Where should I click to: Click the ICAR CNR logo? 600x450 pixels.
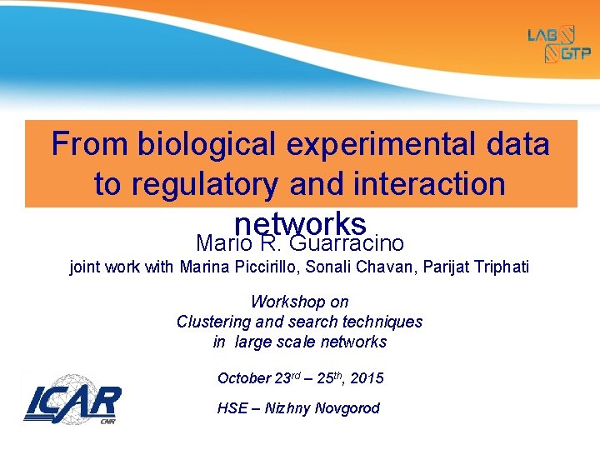pyautogui.click(x=72, y=404)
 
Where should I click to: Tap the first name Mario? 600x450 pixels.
pyautogui.click(x=222, y=243)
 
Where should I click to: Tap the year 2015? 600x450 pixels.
pyautogui.click(x=367, y=378)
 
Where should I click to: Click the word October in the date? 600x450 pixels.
pyautogui.click(x=243, y=378)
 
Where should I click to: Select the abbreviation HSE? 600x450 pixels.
pyautogui.click(x=232, y=408)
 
